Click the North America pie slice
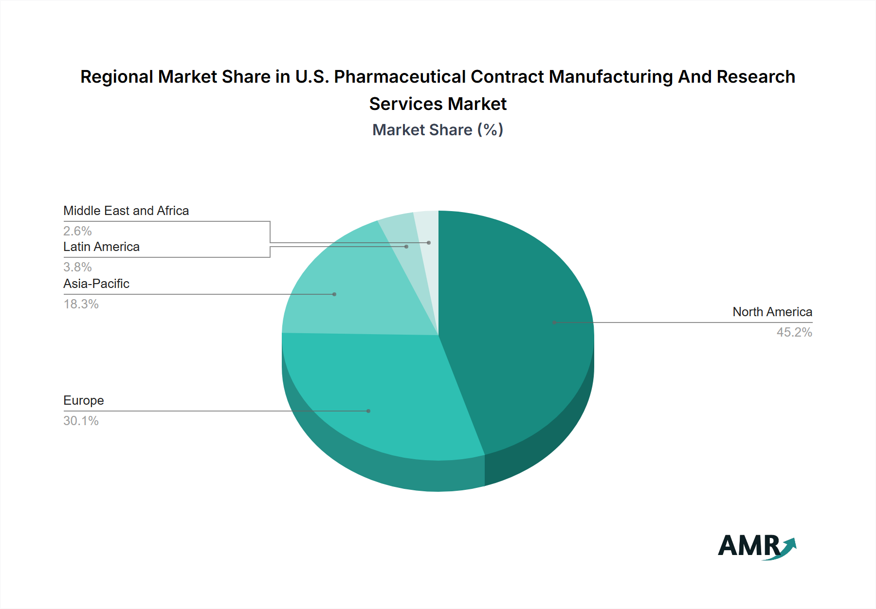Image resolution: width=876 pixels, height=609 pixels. (x=516, y=331)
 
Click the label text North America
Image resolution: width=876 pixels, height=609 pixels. (x=772, y=312)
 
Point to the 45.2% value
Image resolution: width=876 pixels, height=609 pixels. (x=794, y=332)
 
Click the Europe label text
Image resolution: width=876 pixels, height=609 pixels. (x=84, y=400)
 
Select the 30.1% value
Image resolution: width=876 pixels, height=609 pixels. (x=81, y=421)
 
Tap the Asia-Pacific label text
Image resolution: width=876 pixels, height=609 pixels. (x=96, y=284)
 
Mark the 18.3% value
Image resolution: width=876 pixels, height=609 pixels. (x=81, y=304)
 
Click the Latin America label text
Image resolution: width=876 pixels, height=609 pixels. (x=101, y=247)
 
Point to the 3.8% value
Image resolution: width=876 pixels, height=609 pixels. (x=77, y=267)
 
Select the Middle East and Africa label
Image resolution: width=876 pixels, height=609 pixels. (x=126, y=211)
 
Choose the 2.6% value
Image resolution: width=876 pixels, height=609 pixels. (x=77, y=231)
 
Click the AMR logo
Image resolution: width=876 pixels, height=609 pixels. (x=757, y=547)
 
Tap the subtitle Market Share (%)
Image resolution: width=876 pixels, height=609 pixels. (x=438, y=130)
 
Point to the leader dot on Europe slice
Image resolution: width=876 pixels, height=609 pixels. (x=368, y=411)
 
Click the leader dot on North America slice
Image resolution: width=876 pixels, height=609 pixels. (x=554, y=322)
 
